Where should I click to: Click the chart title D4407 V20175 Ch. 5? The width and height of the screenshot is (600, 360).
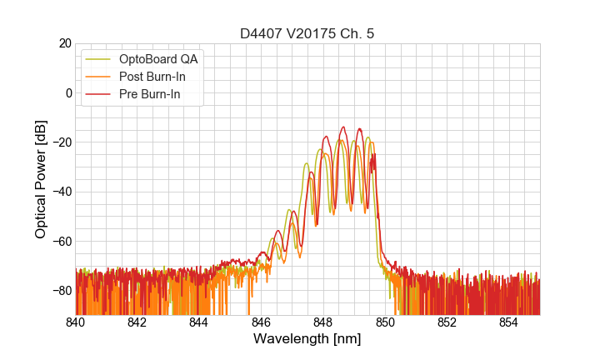click(x=307, y=33)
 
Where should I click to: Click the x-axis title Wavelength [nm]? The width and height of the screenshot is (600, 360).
click(x=307, y=339)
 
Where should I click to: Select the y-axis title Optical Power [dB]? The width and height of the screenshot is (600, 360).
click(x=41, y=179)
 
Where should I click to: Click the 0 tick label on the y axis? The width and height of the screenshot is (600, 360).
click(x=68, y=92)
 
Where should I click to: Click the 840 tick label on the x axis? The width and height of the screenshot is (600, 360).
click(x=76, y=322)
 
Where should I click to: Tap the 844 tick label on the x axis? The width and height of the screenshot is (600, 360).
click(x=199, y=322)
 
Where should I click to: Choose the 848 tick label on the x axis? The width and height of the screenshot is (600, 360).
click(x=323, y=322)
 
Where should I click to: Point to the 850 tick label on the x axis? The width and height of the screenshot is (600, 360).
click(x=385, y=322)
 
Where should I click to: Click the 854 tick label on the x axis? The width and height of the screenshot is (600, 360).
click(x=508, y=322)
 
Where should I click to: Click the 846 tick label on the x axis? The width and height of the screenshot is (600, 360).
click(x=261, y=322)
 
